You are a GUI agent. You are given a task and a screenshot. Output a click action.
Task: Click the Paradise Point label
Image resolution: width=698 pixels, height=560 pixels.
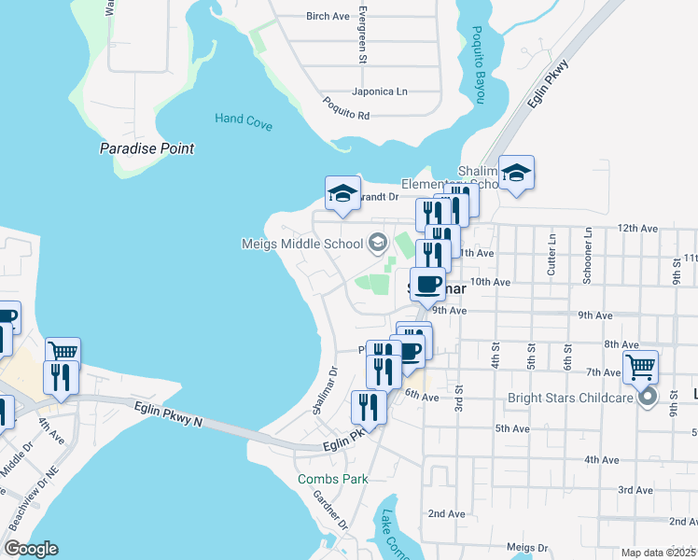[x=147, y=148]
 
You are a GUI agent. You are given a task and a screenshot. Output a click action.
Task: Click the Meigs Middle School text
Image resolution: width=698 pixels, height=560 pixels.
[x=301, y=245]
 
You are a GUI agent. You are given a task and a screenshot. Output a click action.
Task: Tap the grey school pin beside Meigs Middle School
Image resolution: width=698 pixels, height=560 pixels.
[x=377, y=244]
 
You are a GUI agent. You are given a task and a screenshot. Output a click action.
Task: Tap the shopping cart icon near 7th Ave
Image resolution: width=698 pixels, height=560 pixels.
[x=640, y=367]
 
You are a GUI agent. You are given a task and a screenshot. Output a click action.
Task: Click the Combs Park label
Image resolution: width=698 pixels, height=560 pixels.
[x=332, y=480]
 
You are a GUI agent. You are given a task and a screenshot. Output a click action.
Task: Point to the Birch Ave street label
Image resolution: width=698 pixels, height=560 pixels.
[x=328, y=16]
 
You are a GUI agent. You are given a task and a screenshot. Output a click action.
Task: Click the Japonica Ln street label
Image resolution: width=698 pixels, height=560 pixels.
[x=380, y=91]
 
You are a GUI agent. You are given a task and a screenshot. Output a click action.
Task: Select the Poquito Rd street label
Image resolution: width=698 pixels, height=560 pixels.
[x=346, y=108]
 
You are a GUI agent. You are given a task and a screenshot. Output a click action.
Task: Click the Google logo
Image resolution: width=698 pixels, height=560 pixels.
[x=31, y=548]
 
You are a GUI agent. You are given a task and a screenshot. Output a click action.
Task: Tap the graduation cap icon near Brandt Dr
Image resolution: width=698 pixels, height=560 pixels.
[x=342, y=193]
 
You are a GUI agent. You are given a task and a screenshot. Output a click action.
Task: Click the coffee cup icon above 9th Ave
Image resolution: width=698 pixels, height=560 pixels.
[x=428, y=284]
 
